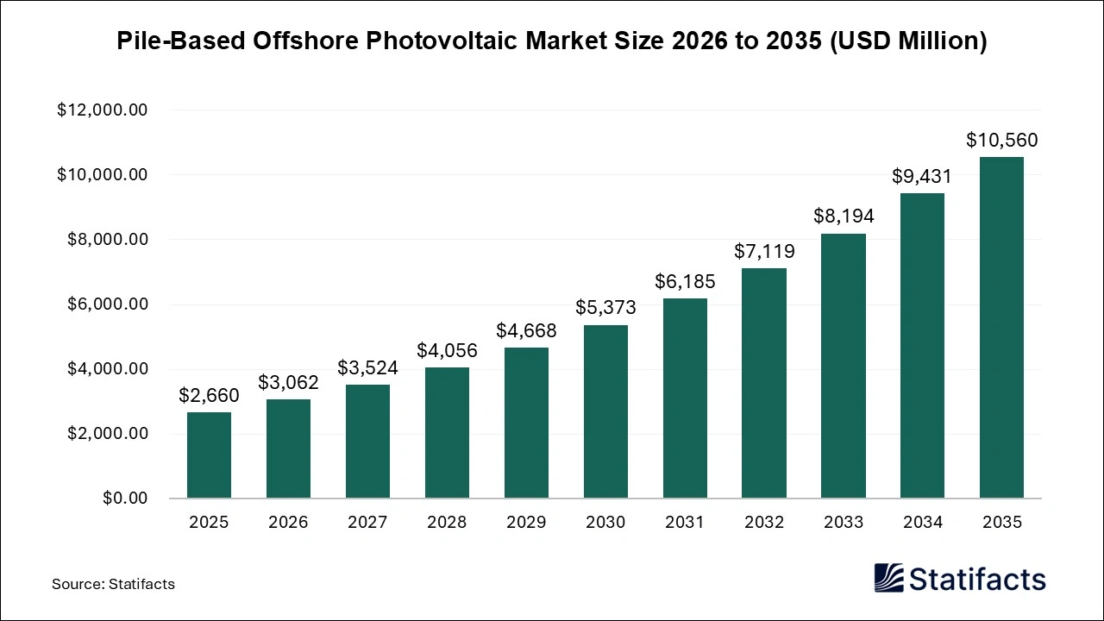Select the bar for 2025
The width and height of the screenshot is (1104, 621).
(209, 455)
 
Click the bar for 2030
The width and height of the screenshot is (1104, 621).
(605, 411)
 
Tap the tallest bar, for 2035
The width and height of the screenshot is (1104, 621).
(1001, 328)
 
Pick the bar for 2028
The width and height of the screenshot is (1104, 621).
(447, 433)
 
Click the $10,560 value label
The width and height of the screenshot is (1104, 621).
(1001, 140)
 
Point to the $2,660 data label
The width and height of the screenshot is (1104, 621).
(209, 395)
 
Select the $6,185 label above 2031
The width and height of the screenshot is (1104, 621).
(685, 281)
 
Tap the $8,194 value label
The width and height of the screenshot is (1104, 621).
(844, 216)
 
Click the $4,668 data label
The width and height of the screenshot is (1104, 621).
(526, 330)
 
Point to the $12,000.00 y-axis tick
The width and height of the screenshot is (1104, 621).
(103, 110)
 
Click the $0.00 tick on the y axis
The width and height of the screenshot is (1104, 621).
(125, 499)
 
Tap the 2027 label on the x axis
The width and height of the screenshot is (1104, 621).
(367, 523)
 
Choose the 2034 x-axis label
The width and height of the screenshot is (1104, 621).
(922, 523)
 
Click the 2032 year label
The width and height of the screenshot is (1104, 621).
(764, 523)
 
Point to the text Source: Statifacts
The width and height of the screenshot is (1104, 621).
(113, 584)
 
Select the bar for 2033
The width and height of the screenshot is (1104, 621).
(844, 366)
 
